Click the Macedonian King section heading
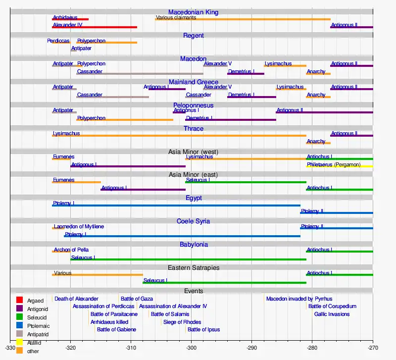193,12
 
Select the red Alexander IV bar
94,27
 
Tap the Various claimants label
176,18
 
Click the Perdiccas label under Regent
58,41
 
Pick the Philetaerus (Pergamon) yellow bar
340,167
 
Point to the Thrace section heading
193,129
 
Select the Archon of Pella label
71,250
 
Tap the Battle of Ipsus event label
204,329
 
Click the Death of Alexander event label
76,299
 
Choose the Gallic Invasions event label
332,314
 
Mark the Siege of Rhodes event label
182,322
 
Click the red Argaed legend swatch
20,300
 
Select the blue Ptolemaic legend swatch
20,325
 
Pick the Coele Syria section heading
193,221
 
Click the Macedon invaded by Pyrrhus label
299,299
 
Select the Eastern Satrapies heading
193,268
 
